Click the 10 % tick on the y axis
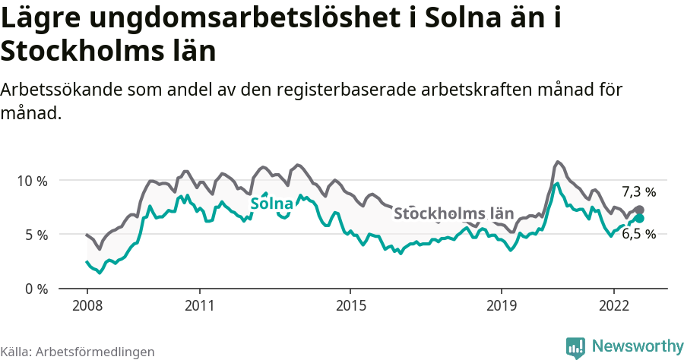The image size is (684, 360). click(x=31, y=181)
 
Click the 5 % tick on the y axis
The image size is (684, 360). click(x=35, y=235)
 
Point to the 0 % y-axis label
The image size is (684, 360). click(x=35, y=289)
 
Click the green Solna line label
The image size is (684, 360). click(x=271, y=204)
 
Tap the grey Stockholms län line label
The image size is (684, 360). click(x=454, y=213)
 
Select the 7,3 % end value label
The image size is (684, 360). click(x=638, y=192)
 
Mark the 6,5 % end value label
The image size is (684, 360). click(x=638, y=234)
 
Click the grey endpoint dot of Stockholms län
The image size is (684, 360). click(x=639, y=210)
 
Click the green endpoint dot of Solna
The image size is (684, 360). click(x=639, y=219)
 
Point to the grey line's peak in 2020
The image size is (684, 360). click(x=558, y=162)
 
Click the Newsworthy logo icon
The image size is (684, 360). click(x=575, y=347)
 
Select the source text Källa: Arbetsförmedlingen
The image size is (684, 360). click(x=78, y=352)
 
